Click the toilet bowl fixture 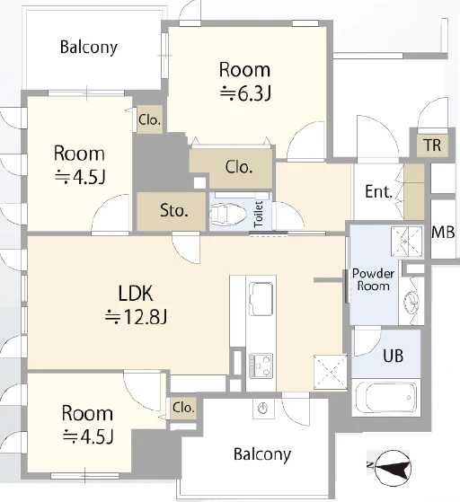coord(228,213)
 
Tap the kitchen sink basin coord(261,299)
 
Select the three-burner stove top coord(261,365)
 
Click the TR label coord(432,145)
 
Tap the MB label coord(443,232)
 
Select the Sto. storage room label coord(173,210)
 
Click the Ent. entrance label coord(378,191)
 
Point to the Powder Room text coord(373,279)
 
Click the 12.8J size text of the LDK coord(137,317)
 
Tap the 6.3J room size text coord(245,93)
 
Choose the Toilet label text coord(259,215)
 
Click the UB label coord(393,356)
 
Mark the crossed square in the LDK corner coord(331,372)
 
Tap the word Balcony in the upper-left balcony coord(89,48)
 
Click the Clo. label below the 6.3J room coord(239,167)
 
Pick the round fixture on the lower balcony coord(263,409)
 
